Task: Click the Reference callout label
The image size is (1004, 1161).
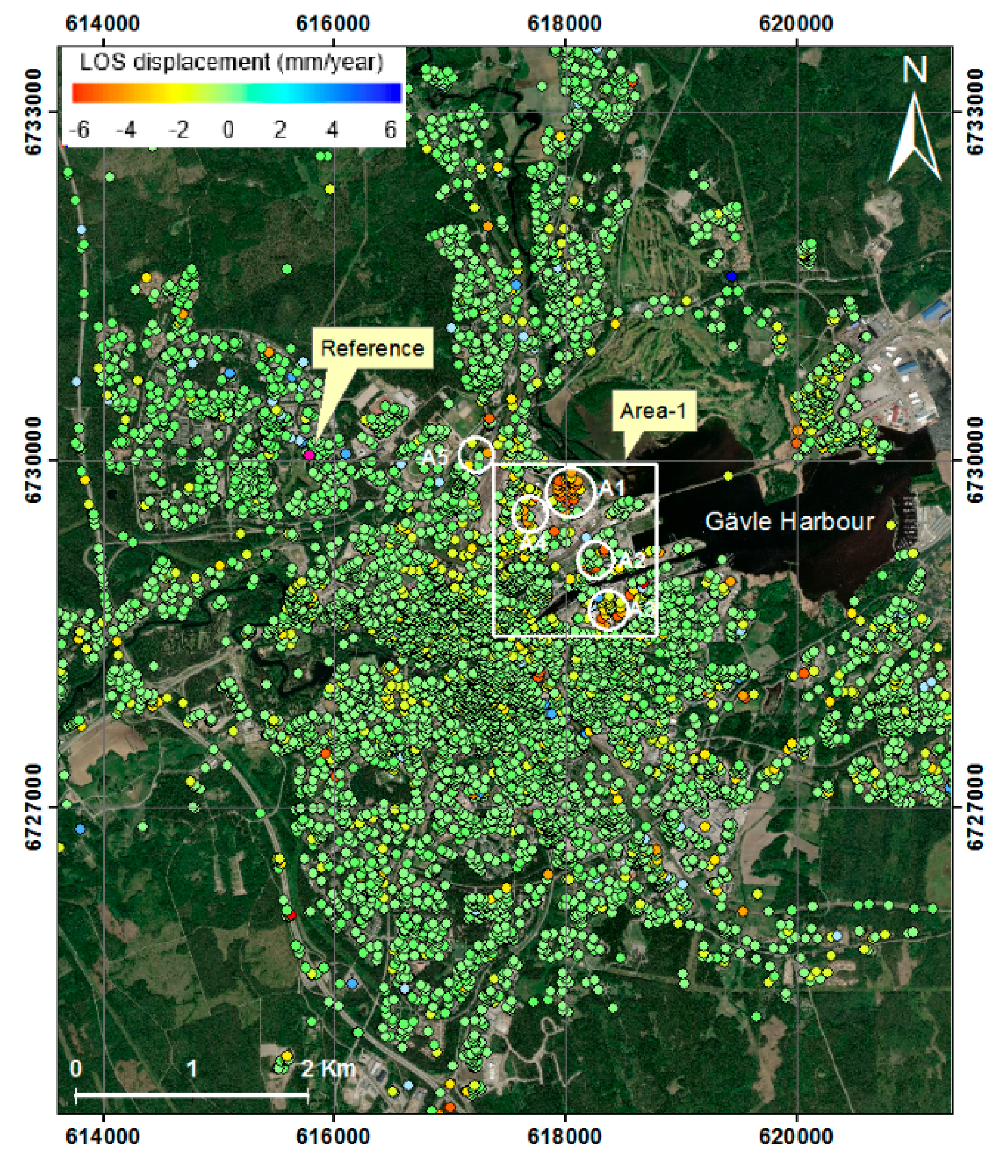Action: click(372, 348)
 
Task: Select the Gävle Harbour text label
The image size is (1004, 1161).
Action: click(789, 522)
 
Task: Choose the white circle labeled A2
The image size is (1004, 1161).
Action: click(595, 560)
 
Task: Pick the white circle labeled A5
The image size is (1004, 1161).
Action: click(476, 454)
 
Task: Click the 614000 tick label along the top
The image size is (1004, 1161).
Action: click(103, 24)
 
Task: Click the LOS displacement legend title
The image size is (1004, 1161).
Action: click(231, 62)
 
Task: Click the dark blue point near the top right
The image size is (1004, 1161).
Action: click(731, 276)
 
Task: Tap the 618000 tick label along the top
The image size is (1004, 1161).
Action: click(565, 24)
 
